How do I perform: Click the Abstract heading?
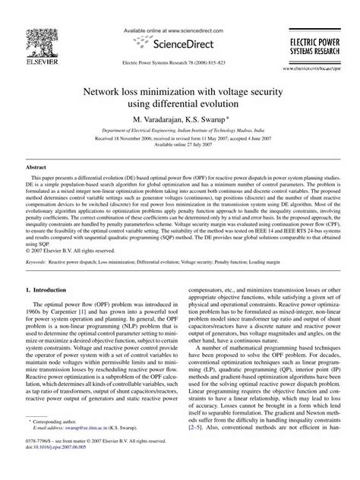(x=36, y=166)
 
